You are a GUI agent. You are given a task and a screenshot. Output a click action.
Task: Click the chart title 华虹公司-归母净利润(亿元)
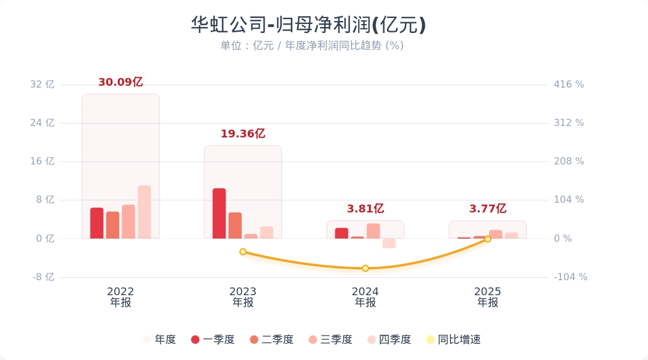point(308,25)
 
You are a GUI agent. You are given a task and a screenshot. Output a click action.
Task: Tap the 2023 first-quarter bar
point(219,214)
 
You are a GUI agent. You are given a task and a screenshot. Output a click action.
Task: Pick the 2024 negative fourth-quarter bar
point(389,243)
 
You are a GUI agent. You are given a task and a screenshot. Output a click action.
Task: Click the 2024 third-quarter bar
point(373,231)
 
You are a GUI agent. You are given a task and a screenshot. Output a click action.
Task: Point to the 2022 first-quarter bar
point(97,223)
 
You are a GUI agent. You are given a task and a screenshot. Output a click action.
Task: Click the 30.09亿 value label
point(121,82)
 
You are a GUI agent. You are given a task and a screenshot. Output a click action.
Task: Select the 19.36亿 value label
point(243,134)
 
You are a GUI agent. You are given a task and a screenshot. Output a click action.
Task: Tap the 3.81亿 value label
point(365,209)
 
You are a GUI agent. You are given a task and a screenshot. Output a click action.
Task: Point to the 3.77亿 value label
point(488,209)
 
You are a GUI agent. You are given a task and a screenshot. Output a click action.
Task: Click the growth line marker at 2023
point(243,251)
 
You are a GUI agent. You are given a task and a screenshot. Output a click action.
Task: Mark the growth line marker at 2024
point(365,268)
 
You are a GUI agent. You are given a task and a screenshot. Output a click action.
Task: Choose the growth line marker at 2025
point(488,239)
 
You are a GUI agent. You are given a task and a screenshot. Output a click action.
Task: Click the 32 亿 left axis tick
point(42,85)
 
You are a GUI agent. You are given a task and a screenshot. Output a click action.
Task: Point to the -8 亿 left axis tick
point(42,277)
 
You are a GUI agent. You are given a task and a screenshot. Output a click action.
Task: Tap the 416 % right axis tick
point(569,85)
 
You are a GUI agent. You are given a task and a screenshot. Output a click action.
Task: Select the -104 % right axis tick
point(570,277)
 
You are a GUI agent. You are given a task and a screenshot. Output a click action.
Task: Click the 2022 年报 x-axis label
point(121,297)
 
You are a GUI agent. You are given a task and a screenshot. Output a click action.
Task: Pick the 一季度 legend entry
point(213,340)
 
